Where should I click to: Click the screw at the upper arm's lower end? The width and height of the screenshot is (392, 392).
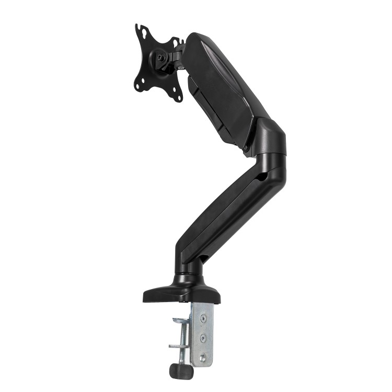click(246, 148)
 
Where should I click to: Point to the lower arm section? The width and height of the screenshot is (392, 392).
click(225, 209)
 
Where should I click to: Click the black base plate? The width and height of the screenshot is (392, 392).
click(180, 293)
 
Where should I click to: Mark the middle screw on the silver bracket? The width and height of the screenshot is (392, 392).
click(203, 337)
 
